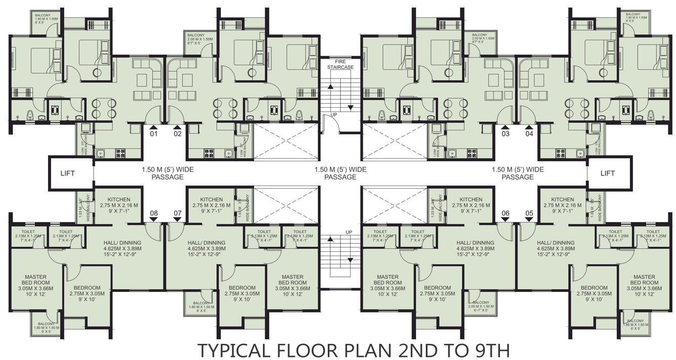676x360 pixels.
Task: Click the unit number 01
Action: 154,134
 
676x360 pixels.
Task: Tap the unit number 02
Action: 178,134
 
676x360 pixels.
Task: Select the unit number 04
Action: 529,134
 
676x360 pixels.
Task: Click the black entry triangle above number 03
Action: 505,127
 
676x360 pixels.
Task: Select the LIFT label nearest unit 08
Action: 67,173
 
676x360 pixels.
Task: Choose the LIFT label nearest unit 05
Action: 607,173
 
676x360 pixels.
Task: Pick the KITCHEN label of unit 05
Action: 563,199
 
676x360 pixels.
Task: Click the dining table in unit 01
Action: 104,108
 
